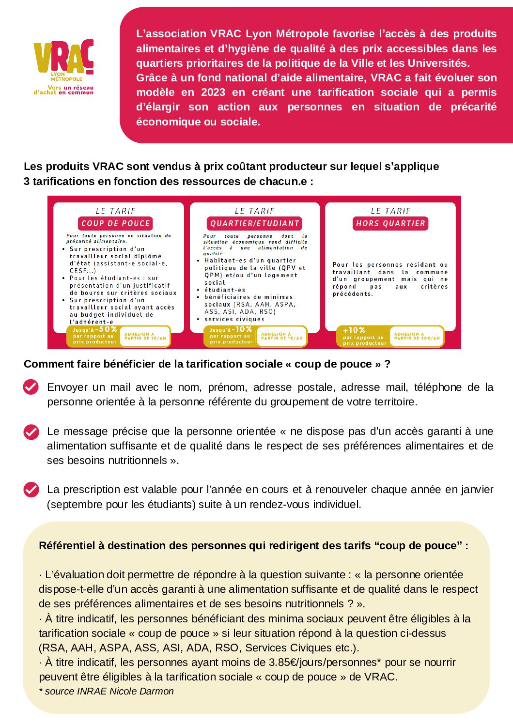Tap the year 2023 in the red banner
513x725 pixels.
pyautogui.click(x=213, y=93)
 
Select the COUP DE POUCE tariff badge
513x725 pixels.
pyautogui.click(x=115, y=223)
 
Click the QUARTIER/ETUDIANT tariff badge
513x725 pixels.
pyautogui.click(x=255, y=223)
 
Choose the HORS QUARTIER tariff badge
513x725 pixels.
pyautogui.click(x=390, y=223)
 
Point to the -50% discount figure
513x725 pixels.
pyautogui.click(x=107, y=329)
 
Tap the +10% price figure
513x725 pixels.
pyautogui.click(x=354, y=330)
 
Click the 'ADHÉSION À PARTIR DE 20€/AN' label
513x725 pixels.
pyautogui.click(x=417, y=336)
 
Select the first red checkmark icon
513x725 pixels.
pyautogui.click(x=31, y=387)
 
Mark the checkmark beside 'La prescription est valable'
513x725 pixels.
pyautogui.click(x=31, y=490)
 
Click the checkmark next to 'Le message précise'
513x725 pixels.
pyautogui.click(x=31, y=432)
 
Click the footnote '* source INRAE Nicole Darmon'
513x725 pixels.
pyautogui.click(x=106, y=691)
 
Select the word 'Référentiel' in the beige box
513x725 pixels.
pyautogui.click(x=67, y=545)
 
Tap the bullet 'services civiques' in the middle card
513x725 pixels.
pyautogui.click(x=234, y=319)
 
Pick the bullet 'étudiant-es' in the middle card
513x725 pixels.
pyautogui.click(x=225, y=290)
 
